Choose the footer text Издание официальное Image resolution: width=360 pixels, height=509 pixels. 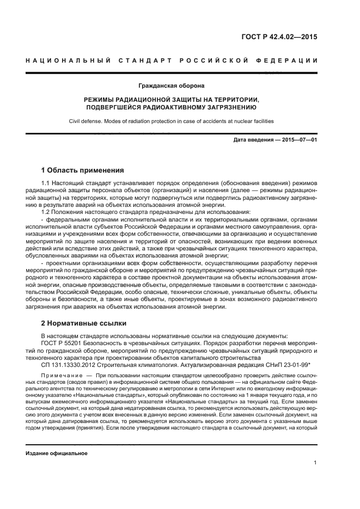tap(57, 453)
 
